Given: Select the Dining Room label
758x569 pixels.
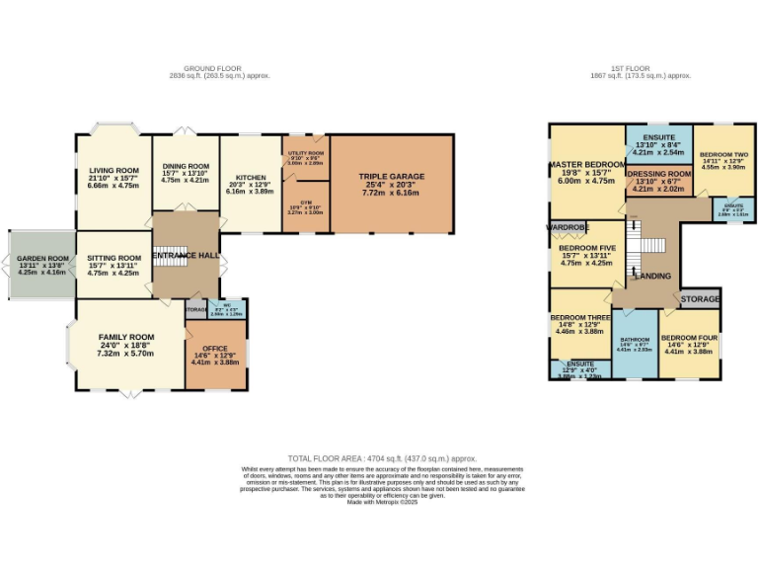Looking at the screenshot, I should (x=185, y=166).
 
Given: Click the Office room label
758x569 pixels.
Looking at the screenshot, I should (x=215, y=349).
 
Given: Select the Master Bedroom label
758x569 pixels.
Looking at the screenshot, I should (x=587, y=163).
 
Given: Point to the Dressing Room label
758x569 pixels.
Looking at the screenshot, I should (x=658, y=173).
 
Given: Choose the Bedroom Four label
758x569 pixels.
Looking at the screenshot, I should (x=688, y=338).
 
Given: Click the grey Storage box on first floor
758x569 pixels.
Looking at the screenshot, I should (x=700, y=297).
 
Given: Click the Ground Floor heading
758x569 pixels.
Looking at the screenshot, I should (x=219, y=69).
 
